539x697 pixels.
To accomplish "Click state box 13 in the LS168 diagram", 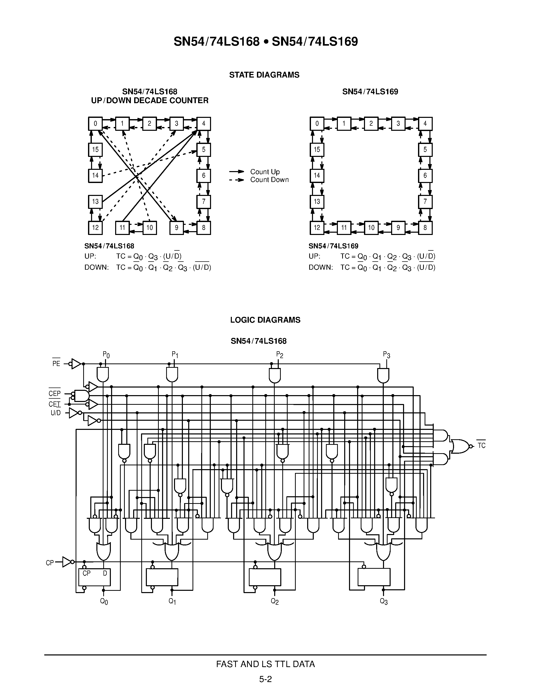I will point(95,201).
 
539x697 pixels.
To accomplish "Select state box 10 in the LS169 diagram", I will point(371,228).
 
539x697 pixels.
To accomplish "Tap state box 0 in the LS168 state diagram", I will point(95,123).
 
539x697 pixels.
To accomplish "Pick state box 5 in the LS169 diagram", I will point(425,149).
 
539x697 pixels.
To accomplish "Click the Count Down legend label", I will point(269,180).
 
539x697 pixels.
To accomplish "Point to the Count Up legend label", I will point(265,172).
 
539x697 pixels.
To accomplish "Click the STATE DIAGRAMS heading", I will point(264,75).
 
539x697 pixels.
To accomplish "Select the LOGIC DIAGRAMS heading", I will point(265,320).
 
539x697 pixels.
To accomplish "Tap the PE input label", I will point(56,363).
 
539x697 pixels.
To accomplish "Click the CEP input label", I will point(54,394).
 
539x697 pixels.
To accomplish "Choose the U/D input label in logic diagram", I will point(56,413).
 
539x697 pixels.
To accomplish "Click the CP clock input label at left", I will point(50,563).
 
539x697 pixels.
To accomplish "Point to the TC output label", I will point(481,446).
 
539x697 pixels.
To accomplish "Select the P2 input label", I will point(280,355).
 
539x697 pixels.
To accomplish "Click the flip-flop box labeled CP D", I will point(95,577).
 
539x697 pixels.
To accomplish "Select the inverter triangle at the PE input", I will point(76,363).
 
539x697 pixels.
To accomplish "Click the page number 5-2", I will point(265,679).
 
